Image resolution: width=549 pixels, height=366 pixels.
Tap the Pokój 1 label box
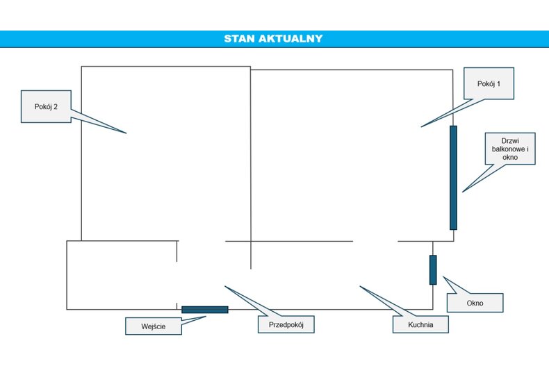tap(489, 83)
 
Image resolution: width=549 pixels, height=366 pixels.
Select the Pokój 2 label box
tap(46, 107)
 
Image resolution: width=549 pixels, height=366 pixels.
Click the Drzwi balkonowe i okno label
tap(510, 149)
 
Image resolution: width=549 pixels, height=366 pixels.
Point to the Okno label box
tap(475, 303)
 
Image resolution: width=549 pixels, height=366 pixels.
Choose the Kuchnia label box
tap(420, 325)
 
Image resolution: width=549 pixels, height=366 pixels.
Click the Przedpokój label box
tap(286, 325)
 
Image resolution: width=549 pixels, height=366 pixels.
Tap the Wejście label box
tap(154, 326)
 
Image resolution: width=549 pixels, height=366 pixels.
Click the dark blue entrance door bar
tap(205, 310)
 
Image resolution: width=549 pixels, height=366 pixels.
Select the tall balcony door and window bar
tap(453, 178)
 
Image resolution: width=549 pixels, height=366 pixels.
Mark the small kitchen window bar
tap(433, 269)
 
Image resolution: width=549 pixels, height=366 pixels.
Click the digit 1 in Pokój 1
tap(498, 83)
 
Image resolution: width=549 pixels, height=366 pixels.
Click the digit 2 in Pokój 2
tap(56, 107)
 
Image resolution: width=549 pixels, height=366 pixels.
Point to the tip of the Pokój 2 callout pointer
tap(126, 133)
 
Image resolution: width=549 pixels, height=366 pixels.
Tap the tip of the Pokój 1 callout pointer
tap(421, 126)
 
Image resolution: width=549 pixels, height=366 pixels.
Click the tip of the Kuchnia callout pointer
tap(360, 286)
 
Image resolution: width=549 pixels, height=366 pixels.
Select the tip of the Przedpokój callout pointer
tap(224, 286)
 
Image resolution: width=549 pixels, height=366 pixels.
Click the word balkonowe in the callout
tap(508, 149)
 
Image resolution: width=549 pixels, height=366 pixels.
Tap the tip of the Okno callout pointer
tap(443, 276)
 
